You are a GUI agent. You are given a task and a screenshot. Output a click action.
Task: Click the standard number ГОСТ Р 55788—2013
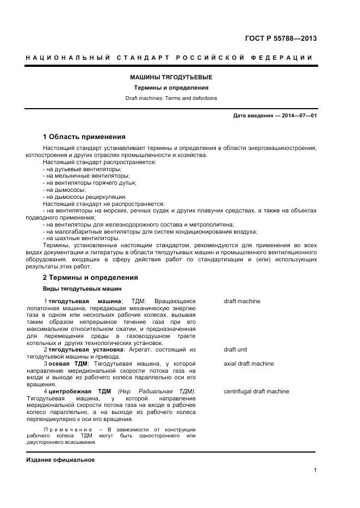pyautogui.click(x=281, y=39)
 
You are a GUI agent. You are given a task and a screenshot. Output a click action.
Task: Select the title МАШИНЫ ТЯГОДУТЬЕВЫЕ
pyautogui.click(x=171, y=77)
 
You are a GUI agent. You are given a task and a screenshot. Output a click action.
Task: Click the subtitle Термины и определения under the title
pyautogui.click(x=171, y=87)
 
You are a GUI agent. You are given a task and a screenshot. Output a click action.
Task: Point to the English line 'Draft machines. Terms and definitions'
pyautogui.click(x=171, y=98)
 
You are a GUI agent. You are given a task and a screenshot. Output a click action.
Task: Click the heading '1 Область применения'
pyautogui.click(x=84, y=137)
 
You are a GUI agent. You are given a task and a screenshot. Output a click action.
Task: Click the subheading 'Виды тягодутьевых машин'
pyautogui.click(x=82, y=289)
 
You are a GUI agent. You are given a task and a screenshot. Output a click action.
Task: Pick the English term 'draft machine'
pyautogui.click(x=241, y=301)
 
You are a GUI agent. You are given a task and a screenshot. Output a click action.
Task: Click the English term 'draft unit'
pyautogui.click(x=235, y=350)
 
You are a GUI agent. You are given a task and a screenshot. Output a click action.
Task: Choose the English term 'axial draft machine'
pyautogui.click(x=249, y=363)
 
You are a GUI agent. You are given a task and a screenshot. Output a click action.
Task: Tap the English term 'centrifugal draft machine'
pyautogui.click(x=256, y=391)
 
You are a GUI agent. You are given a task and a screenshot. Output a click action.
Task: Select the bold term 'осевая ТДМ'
pyautogui.click(x=67, y=363)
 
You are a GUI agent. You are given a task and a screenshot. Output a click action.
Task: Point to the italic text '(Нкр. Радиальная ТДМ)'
pyautogui.click(x=156, y=392)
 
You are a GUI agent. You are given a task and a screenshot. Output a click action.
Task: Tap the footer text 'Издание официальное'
pyautogui.click(x=60, y=460)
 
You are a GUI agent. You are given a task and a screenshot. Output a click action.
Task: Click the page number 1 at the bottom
pyautogui.click(x=315, y=471)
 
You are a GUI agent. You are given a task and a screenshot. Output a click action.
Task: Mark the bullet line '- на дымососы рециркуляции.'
pyautogui.click(x=84, y=197)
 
